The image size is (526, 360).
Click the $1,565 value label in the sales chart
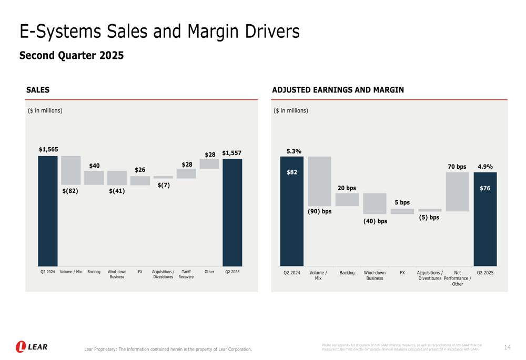(48, 150)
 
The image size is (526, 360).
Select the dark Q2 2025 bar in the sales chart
(232, 212)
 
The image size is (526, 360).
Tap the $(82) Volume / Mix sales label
(70, 191)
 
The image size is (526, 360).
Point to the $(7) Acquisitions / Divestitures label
(164, 185)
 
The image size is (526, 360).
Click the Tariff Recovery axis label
(186, 274)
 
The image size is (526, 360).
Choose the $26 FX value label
(140, 170)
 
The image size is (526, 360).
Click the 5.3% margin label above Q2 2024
(294, 151)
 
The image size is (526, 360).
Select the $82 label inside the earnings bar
(292, 172)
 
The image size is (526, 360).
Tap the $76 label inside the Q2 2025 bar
(485, 188)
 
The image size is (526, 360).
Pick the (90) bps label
(320, 211)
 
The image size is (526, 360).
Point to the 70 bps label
(457, 167)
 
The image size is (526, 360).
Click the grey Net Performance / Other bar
(457, 192)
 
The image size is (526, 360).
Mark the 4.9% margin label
(485, 167)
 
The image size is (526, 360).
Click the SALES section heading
(38, 90)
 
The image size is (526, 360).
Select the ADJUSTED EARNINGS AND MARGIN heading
(338, 90)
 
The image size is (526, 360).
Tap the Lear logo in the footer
(32, 347)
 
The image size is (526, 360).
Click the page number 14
(507, 347)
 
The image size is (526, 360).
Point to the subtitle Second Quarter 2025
(72, 56)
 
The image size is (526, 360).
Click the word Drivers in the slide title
(271, 32)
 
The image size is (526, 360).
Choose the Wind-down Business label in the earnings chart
(375, 275)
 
